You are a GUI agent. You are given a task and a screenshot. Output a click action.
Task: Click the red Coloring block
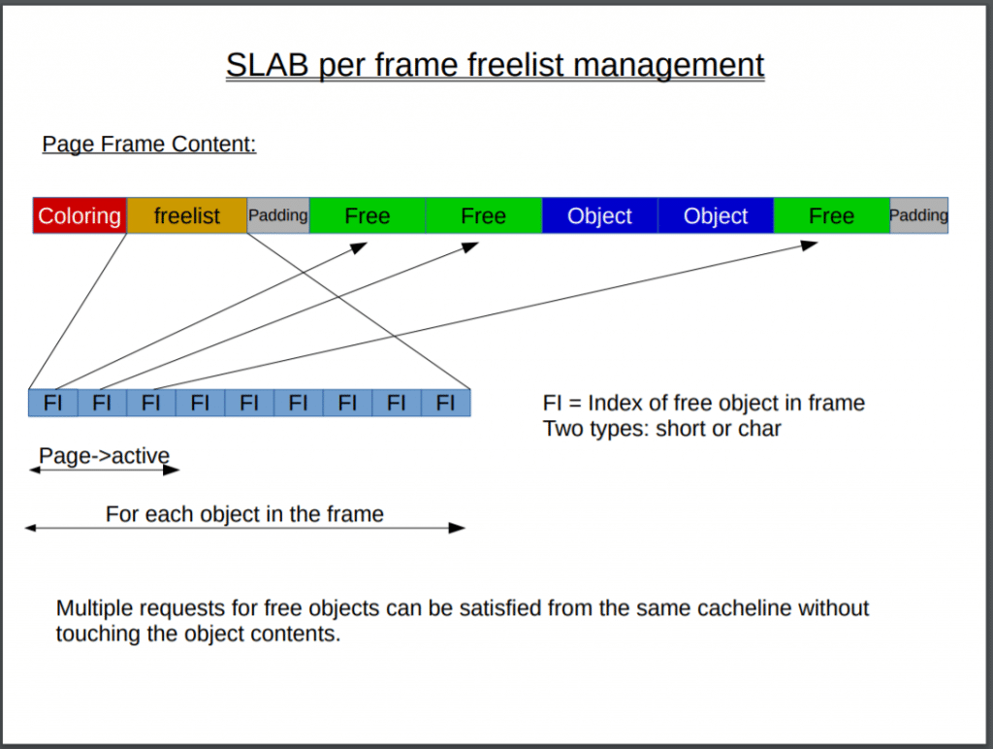(x=80, y=215)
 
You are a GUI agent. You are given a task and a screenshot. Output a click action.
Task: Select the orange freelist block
(x=187, y=215)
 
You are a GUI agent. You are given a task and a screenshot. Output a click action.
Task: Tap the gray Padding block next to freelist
(x=278, y=215)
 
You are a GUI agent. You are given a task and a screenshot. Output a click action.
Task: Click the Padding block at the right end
(x=919, y=215)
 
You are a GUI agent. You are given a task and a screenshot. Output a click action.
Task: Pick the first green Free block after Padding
(x=368, y=215)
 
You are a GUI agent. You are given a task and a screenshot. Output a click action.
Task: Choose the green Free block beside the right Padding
(x=831, y=215)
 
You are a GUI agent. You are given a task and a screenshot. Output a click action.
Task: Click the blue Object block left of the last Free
(x=716, y=215)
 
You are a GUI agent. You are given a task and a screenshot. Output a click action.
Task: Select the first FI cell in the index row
(x=53, y=403)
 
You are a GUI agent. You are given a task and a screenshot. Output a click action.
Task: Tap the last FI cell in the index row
(x=446, y=403)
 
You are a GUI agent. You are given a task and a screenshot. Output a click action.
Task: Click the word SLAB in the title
(x=268, y=65)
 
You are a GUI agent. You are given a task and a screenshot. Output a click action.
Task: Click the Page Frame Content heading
(x=149, y=144)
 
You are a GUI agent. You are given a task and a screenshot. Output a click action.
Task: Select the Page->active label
(x=104, y=456)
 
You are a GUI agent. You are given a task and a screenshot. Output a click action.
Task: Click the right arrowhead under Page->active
(x=172, y=471)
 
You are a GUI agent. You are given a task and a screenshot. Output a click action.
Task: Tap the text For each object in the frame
(x=244, y=514)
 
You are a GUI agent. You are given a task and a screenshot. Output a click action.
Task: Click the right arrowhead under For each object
(x=457, y=528)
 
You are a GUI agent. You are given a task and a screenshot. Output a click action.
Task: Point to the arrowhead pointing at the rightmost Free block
(x=809, y=245)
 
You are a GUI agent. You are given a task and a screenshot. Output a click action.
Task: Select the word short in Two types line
(x=680, y=429)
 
